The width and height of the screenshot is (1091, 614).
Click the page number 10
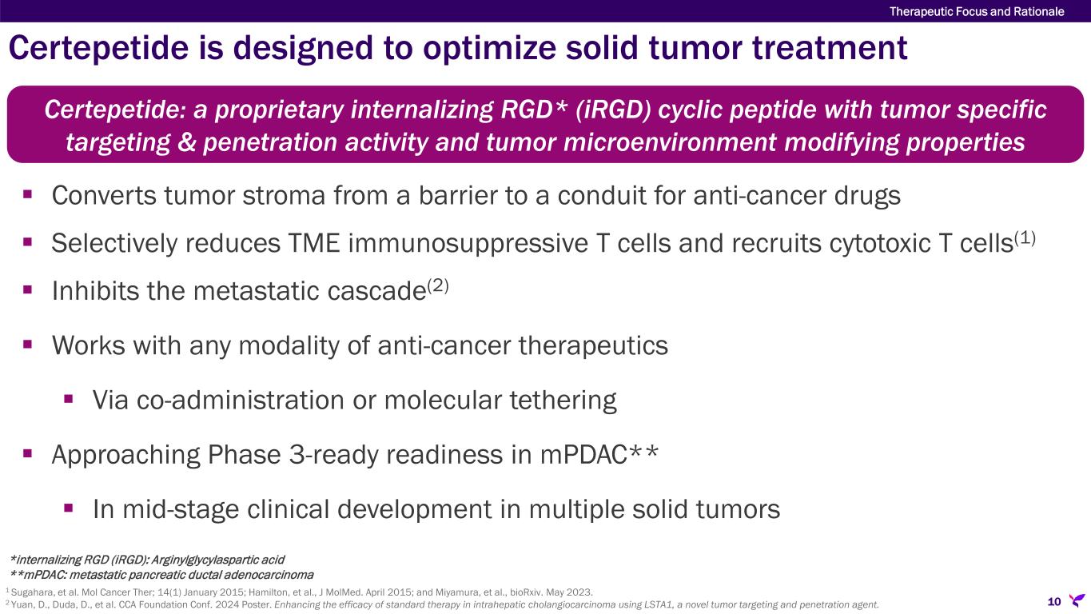[x=1054, y=601]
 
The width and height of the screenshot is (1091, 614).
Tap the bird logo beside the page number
[x=1077, y=600]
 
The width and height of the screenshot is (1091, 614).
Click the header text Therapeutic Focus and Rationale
[x=977, y=11]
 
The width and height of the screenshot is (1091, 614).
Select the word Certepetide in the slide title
[x=98, y=48]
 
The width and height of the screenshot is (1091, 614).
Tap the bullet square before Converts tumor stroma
[x=27, y=194]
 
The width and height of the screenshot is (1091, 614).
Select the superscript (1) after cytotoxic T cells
[x=1025, y=237]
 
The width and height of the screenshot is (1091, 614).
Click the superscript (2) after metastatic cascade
[x=438, y=285]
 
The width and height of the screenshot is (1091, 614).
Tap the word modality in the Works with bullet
[x=289, y=346]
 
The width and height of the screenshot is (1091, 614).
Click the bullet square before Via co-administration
[x=68, y=400]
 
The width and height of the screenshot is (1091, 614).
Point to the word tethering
[x=563, y=401]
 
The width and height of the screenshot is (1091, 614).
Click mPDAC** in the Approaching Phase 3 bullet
[x=599, y=454]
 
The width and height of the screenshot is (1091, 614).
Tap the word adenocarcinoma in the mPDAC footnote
[x=269, y=575]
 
